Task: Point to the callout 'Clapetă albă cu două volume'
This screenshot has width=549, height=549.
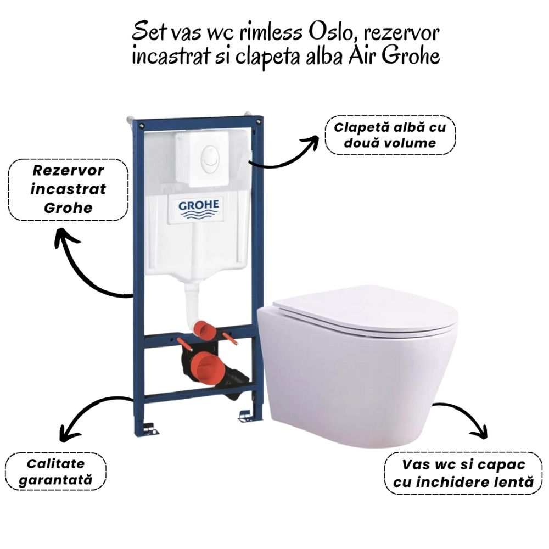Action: pyautogui.click(x=390, y=135)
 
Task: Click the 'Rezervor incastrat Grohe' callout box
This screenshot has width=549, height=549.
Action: pyautogui.click(x=68, y=189)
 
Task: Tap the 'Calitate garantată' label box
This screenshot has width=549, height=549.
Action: pyautogui.click(x=55, y=471)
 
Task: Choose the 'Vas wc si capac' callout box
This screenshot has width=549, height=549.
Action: pyautogui.click(x=463, y=473)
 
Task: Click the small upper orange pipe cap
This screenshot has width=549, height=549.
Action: pyautogui.click(x=203, y=329)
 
